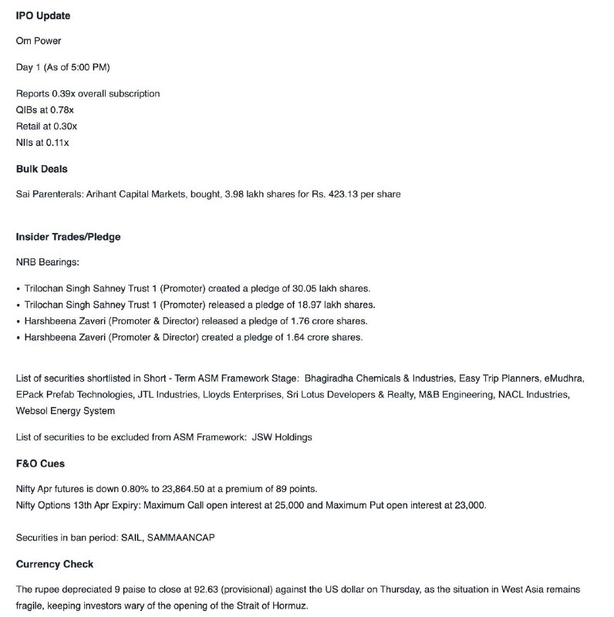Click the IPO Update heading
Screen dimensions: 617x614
pyautogui.click(x=44, y=15)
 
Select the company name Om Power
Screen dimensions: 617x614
pyautogui.click(x=39, y=40)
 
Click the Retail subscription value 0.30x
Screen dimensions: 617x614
pyautogui.click(x=63, y=126)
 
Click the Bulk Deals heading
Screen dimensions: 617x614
pyautogui.click(x=42, y=168)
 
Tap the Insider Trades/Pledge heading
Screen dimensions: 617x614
pyautogui.click(x=68, y=237)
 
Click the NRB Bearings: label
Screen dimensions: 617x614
pyautogui.click(x=47, y=262)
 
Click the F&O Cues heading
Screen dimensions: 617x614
pyautogui.click(x=40, y=464)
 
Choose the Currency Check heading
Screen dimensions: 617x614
pyautogui.click(x=55, y=564)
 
